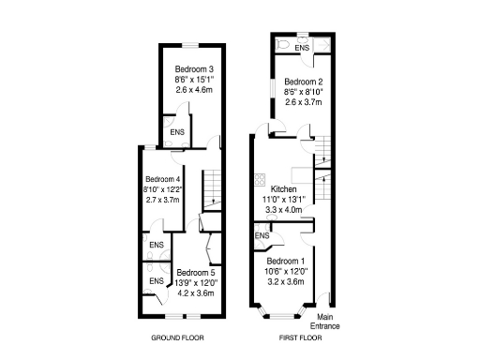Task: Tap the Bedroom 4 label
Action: (x=160, y=179)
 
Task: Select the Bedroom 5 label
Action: (x=196, y=273)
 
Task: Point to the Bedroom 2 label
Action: (x=303, y=81)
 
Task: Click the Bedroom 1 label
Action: (x=286, y=261)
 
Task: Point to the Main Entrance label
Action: (x=327, y=322)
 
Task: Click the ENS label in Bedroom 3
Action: (x=177, y=132)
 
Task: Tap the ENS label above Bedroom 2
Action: (x=302, y=48)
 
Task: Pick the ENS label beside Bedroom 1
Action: (x=262, y=236)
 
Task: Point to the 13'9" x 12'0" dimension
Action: (x=196, y=283)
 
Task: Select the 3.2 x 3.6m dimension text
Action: (x=286, y=281)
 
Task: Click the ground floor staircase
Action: (x=214, y=192)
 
